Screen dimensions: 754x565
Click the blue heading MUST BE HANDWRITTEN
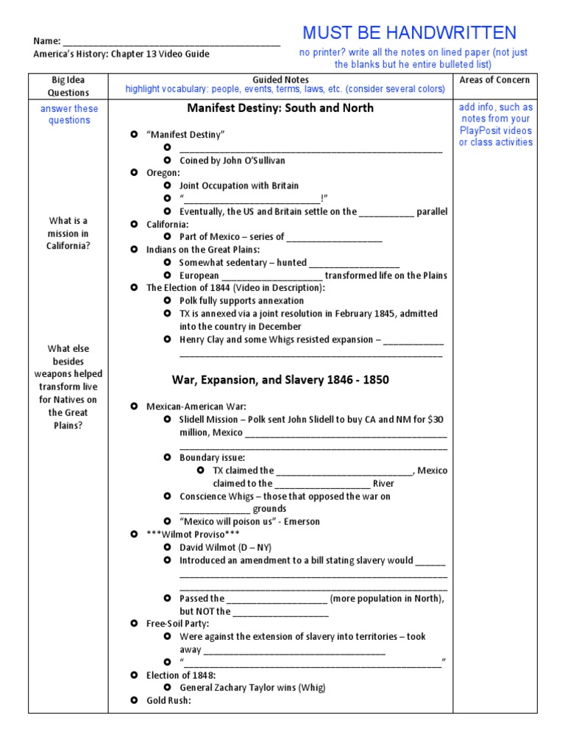[x=409, y=32]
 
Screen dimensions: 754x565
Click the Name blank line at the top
[x=171, y=42]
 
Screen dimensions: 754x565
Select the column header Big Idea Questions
[x=68, y=86]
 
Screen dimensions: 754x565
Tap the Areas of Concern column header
[x=494, y=80]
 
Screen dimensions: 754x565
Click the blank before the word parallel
[x=386, y=212]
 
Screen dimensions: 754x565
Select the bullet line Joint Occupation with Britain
[x=239, y=186]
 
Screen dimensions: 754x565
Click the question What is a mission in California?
[x=68, y=233]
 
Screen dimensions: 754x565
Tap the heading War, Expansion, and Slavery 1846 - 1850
[x=280, y=380]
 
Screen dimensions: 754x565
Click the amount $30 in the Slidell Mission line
[x=436, y=419]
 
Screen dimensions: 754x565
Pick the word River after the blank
[x=383, y=484]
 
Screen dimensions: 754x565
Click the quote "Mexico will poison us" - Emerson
[x=249, y=521]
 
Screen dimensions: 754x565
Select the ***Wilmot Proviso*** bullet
[x=182, y=534]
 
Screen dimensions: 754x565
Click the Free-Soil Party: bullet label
[x=177, y=624]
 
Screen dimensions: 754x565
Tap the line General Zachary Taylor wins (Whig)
[x=252, y=688]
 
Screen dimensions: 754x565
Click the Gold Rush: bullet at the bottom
[x=168, y=700]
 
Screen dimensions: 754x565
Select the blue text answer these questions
[x=68, y=114]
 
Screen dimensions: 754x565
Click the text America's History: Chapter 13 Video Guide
[x=121, y=54]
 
